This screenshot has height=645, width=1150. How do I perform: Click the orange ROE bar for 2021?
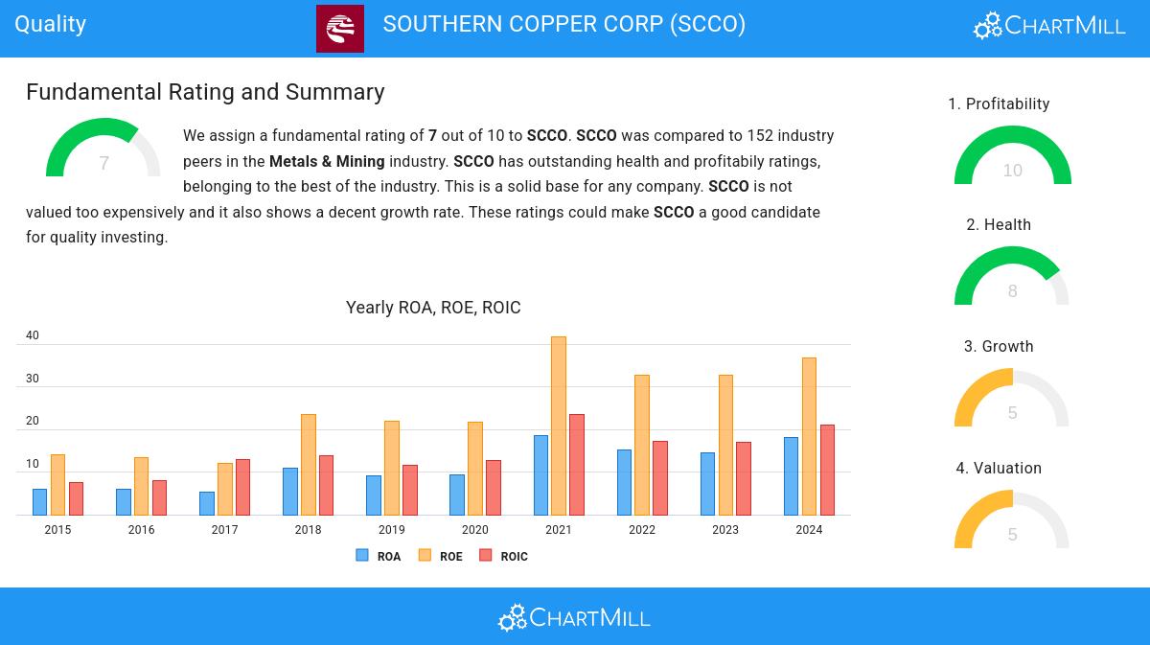558,426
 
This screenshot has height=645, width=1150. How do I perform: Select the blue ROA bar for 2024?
791,476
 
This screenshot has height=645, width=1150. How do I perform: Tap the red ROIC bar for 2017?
242,487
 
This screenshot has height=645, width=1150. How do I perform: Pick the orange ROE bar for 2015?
57,484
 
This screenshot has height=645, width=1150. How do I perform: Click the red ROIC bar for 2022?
660,477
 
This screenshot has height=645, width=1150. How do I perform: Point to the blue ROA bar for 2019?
374,495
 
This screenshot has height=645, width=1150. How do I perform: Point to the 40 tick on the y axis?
33,335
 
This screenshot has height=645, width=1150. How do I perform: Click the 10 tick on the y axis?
33,464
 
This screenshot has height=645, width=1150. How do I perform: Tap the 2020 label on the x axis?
474,530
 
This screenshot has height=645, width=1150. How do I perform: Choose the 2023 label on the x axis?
725,530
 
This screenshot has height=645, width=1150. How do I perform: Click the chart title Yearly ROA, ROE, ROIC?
433,308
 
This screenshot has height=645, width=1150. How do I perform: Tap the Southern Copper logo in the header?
340,29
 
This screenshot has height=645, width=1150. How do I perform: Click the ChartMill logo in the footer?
574,617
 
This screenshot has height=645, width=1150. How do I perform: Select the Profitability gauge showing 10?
1012,158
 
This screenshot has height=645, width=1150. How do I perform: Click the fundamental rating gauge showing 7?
103,151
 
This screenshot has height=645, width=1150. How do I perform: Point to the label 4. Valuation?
999,468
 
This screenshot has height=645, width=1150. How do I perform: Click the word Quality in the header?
51,24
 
